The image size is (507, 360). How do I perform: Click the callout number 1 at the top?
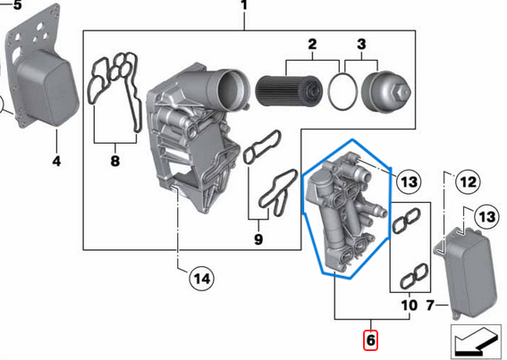pos(244,8)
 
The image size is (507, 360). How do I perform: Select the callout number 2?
pos(313,44)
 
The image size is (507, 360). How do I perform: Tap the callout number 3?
pos(361,44)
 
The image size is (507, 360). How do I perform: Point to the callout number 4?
pos(56,162)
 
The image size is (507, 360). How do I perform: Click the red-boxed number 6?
pos(370,340)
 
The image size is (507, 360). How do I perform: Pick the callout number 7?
pos(429,306)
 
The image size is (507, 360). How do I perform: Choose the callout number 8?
pos(114,162)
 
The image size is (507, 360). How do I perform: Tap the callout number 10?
pos(408,306)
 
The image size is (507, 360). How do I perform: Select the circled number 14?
pos(203,280)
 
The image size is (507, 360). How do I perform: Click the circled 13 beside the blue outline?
pos(408,182)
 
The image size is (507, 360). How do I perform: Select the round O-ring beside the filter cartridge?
pos(341,90)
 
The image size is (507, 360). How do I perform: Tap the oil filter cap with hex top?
pos(386,89)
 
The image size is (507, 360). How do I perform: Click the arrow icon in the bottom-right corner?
pos(477,341)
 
